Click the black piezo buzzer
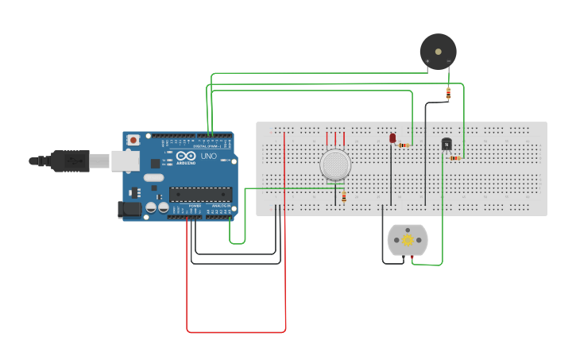[438, 52]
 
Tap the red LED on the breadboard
[392, 138]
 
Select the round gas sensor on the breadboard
[335, 165]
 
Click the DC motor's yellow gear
[408, 239]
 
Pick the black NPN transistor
[446, 144]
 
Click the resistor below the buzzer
[448, 94]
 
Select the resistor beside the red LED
[404, 145]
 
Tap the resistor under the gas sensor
[343, 197]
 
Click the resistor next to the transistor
[454, 158]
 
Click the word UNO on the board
[208, 157]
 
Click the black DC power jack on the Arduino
[129, 210]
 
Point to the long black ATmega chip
[200, 193]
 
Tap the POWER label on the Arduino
[195, 206]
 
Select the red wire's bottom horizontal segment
[236, 331]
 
